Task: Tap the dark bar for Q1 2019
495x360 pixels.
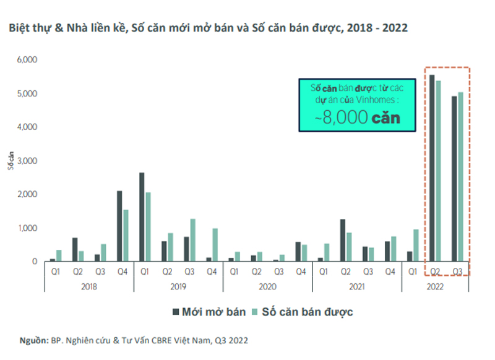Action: (x=142, y=217)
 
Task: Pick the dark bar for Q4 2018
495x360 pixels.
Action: (x=119, y=226)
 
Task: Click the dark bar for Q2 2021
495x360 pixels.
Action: (x=342, y=241)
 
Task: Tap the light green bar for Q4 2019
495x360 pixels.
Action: (x=215, y=245)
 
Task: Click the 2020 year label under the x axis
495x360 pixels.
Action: (x=267, y=286)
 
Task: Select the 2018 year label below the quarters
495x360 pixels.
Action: (x=88, y=286)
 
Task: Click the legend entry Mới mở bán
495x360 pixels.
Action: (x=211, y=312)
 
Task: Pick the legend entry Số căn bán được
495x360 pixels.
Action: (x=309, y=312)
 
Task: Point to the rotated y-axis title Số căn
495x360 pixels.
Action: (x=11, y=160)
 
